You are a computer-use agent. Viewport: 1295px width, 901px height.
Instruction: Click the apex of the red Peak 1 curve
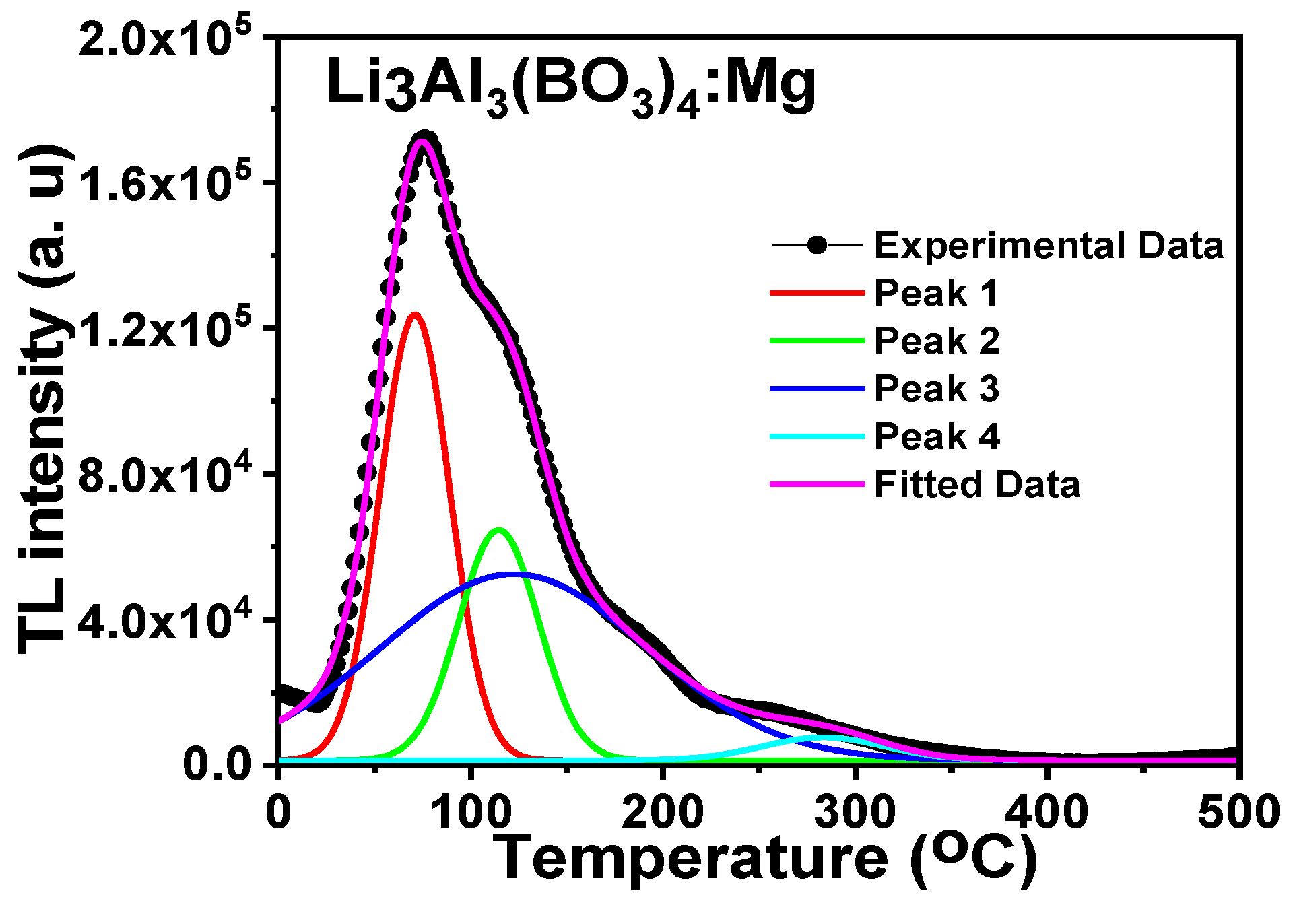click(415, 314)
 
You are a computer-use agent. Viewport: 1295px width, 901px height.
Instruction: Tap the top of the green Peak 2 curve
click(499, 530)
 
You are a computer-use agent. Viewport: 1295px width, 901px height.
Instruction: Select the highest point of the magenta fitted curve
click(423, 141)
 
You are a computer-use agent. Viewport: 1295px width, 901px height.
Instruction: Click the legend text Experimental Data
click(1049, 246)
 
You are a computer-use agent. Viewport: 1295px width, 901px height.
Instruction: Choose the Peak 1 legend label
click(935, 294)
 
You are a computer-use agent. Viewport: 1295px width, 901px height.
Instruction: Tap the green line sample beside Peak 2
click(817, 341)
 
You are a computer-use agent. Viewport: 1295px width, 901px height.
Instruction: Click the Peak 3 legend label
click(936, 389)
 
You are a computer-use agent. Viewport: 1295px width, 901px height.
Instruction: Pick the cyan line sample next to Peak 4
click(817, 436)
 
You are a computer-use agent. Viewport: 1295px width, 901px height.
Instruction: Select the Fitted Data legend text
click(976, 485)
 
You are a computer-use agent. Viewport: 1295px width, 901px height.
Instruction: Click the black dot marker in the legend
click(818, 245)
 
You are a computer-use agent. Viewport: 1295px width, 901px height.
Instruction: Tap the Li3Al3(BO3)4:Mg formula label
click(571, 88)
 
